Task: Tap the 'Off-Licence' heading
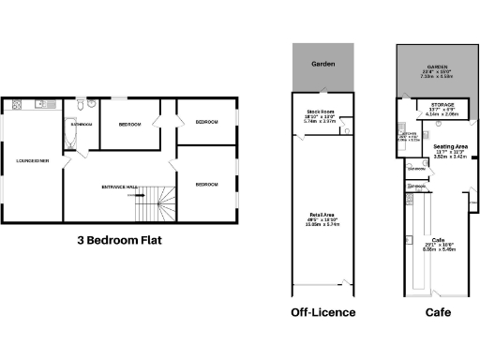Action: click(x=323, y=311)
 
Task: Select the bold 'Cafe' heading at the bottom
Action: click(x=434, y=311)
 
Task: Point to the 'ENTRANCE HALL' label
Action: click(x=119, y=187)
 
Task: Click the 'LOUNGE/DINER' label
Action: click(x=33, y=161)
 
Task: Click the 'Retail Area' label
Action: click(x=322, y=219)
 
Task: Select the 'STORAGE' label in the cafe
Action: click(x=443, y=105)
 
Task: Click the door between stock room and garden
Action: click(x=322, y=95)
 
